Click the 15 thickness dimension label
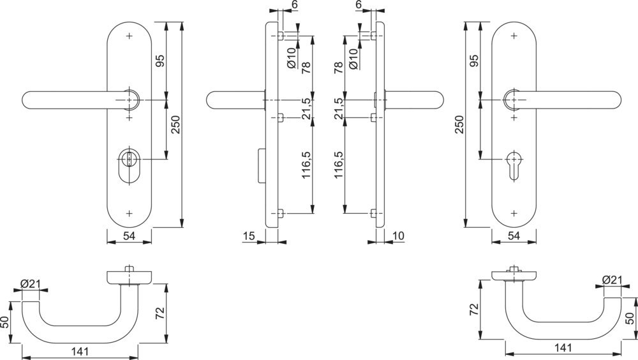point(249,237)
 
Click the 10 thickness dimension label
point(399,237)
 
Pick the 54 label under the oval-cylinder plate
point(129,237)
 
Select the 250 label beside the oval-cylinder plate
point(176,124)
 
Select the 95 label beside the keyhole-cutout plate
point(473,62)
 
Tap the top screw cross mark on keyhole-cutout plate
point(514,35)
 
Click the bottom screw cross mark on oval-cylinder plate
point(130,212)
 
